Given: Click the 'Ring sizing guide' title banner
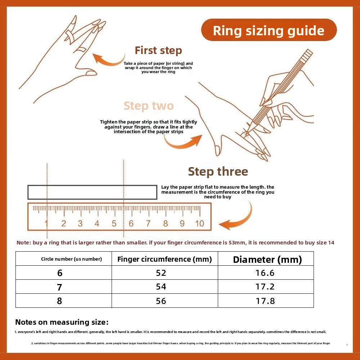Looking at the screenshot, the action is (x=269, y=30).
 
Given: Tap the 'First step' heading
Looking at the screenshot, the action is (x=158, y=50).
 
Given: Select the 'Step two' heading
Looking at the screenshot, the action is (x=149, y=106).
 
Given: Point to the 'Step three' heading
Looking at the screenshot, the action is (x=218, y=171).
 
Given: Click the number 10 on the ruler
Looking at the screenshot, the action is (x=199, y=223).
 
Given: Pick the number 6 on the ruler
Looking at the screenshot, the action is (x=131, y=223).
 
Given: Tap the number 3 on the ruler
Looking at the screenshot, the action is (x=80, y=223).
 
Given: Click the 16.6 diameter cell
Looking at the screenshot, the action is (x=266, y=273).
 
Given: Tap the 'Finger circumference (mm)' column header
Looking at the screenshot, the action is (x=165, y=259).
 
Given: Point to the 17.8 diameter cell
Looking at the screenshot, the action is (x=266, y=301).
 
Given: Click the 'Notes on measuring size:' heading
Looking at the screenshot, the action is (x=62, y=322).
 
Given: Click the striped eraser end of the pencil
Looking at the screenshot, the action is (x=307, y=54).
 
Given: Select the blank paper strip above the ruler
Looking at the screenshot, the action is (x=92, y=192).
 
